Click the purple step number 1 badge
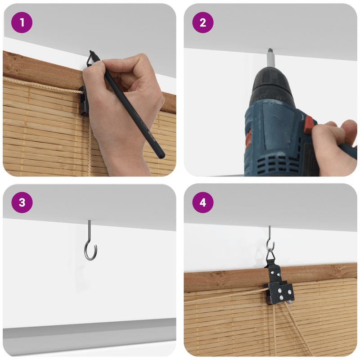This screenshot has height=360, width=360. tap(22, 22)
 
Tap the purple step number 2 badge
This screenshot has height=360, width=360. tap(203, 22)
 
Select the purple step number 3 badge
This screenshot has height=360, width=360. tap(22, 202)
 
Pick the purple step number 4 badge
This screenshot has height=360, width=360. tap(203, 202)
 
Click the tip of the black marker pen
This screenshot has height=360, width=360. tap(90, 51)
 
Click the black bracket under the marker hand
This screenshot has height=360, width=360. tap(83, 100)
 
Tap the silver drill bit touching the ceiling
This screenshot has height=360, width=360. tap(271, 58)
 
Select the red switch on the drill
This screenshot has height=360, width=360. tap(308, 125)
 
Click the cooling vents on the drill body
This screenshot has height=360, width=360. tap(278, 164)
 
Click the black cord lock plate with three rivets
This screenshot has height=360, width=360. tap(281, 293)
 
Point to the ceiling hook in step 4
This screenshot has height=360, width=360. tap(270, 239)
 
